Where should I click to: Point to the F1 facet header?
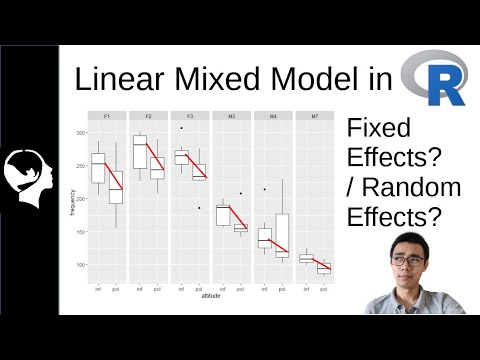[x=107, y=117]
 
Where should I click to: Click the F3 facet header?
[x=190, y=117]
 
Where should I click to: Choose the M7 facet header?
[x=314, y=117]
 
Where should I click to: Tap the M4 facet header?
[x=273, y=117]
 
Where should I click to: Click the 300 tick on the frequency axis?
[x=79, y=133]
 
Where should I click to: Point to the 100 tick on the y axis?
[x=79, y=265]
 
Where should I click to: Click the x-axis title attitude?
[x=211, y=297]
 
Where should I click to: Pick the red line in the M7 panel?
[x=314, y=263]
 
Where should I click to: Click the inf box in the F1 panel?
[x=98, y=167]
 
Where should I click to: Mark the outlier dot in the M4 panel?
[x=264, y=188]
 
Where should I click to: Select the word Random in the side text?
[x=410, y=187]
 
